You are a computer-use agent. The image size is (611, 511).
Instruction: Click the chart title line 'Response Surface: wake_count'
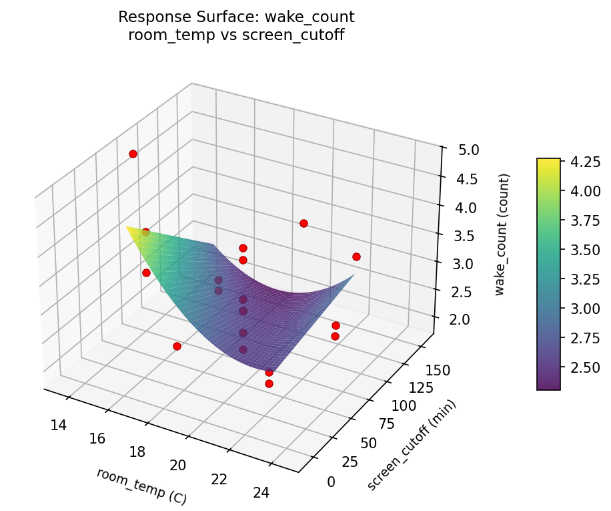coord(236,17)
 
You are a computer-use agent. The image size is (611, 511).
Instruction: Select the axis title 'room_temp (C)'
coord(141,486)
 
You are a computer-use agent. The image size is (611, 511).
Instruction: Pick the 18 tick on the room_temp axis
coord(137,452)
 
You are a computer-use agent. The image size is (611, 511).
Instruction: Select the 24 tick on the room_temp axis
coord(261,493)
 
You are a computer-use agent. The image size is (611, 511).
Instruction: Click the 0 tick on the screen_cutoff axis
coord(332,482)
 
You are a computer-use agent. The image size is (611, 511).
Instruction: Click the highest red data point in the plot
coord(133,154)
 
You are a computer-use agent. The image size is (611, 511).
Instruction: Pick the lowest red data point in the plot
coord(269,383)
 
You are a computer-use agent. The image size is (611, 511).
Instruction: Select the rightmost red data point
coord(356,257)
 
